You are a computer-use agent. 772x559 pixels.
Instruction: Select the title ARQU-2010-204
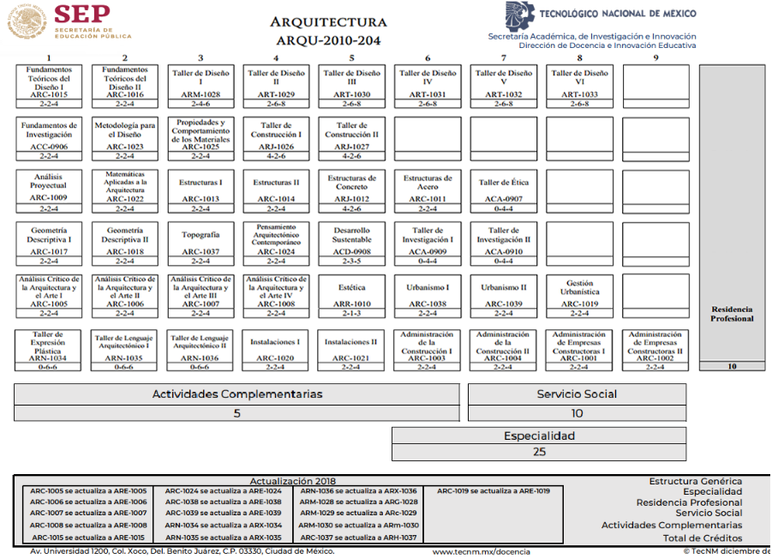tap(328, 40)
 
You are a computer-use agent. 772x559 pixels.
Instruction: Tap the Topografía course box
tap(200, 243)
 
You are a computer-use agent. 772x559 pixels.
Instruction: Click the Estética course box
tap(351, 296)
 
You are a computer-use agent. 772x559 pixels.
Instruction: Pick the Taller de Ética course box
tap(503, 189)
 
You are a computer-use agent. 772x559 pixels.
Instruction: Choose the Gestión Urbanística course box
tap(579, 296)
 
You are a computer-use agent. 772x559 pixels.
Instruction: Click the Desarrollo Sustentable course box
tap(351, 243)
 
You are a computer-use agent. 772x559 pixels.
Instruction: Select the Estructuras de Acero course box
tap(427, 189)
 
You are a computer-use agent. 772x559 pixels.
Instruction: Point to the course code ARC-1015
tap(49, 95)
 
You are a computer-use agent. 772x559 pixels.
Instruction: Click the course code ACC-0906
tap(49, 147)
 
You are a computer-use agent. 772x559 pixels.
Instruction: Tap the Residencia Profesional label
tap(732, 314)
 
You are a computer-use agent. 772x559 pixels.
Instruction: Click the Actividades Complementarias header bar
tap(237, 394)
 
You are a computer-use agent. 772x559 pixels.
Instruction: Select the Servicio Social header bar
tap(577, 394)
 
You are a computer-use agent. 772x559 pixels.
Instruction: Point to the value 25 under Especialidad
tap(539, 452)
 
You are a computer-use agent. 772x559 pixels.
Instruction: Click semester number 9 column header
tap(655, 58)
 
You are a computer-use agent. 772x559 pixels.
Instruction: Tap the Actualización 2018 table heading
tap(292, 482)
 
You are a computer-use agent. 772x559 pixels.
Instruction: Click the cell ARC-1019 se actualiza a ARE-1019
tap(494, 491)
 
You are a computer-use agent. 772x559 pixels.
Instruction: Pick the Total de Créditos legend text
tap(703, 538)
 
